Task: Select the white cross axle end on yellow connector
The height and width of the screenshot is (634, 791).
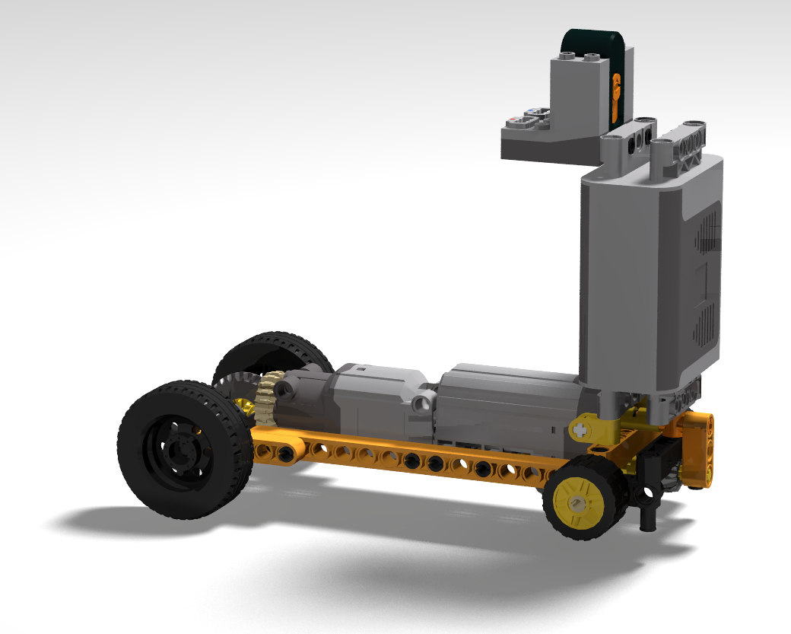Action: (x=583, y=429)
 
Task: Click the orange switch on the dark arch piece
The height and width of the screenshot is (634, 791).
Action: (x=615, y=96)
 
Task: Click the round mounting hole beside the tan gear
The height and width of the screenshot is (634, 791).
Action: (x=287, y=390)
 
